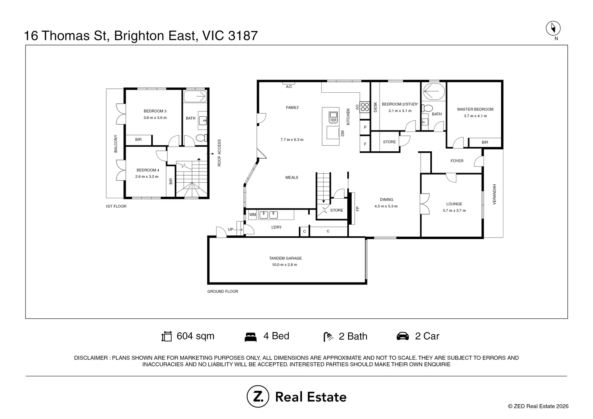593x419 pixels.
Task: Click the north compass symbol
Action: click(553, 28)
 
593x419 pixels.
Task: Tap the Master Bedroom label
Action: click(475, 109)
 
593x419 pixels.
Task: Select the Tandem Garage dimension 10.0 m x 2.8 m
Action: click(284, 265)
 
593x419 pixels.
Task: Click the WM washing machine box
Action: click(252, 215)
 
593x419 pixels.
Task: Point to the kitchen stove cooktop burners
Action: click(365, 107)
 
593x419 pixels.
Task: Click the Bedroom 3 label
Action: click(155, 111)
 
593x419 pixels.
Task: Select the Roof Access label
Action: click(219, 153)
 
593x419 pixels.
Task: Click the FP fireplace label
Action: click(357, 209)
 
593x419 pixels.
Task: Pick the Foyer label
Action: click(457, 161)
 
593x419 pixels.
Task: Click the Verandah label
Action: click(494, 194)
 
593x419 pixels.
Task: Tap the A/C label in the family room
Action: click(289, 87)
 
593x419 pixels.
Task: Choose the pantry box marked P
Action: click(365, 127)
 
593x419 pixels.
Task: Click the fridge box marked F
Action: click(365, 144)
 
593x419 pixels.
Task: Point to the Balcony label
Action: click(115, 144)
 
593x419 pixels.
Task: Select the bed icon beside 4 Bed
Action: click(250, 337)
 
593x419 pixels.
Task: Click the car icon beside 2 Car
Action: click(403, 336)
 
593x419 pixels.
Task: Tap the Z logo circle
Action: click(258, 396)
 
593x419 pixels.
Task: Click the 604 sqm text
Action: click(195, 336)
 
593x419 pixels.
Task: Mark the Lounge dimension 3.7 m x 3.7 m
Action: click(454, 211)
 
